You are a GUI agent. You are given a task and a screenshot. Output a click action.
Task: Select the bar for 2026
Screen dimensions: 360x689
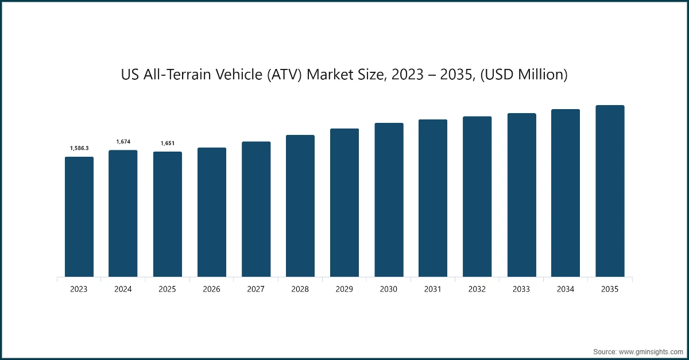point(212,212)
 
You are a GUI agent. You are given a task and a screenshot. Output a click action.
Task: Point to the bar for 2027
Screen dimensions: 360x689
point(256,209)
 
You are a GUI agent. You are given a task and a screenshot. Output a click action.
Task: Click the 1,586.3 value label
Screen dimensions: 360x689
point(79,148)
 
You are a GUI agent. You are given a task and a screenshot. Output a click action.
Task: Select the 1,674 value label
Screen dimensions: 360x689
point(123,141)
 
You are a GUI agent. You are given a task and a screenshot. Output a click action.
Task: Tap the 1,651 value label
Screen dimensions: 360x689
point(167,143)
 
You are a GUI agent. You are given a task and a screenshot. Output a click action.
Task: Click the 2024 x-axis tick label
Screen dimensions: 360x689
point(123,289)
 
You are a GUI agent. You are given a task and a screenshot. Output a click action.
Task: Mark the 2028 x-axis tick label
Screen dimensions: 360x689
point(300,289)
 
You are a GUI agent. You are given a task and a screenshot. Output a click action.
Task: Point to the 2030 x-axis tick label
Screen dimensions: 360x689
point(389,289)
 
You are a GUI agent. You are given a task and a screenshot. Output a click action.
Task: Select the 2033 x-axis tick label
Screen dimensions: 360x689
point(521,289)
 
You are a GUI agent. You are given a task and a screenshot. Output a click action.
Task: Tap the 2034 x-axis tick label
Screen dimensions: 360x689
point(566,289)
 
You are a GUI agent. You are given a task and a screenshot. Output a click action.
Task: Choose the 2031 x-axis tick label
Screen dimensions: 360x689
point(433,289)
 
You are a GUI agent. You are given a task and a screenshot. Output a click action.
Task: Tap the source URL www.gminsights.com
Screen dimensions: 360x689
point(652,350)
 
